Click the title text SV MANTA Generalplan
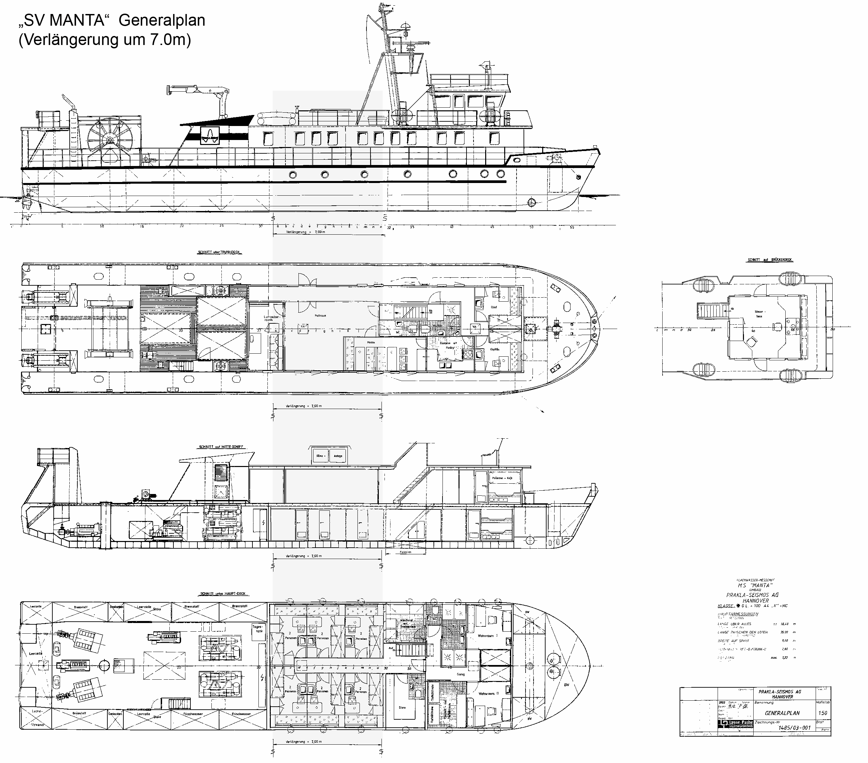(111, 20)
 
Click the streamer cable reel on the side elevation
(110, 139)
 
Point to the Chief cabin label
(494, 307)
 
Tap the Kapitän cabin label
(494, 349)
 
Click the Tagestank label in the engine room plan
(258, 629)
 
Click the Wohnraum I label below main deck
(488, 636)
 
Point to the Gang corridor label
(461, 674)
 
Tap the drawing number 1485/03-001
(794, 727)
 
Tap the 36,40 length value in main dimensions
(785, 624)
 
